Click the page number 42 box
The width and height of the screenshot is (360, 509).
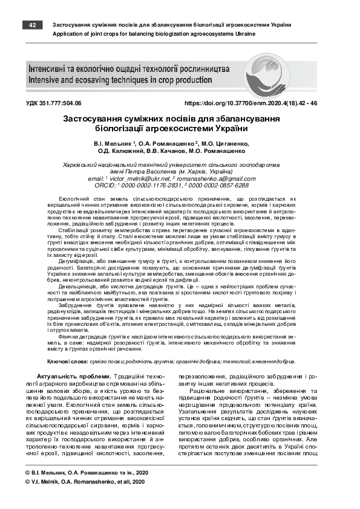click(x=32, y=25)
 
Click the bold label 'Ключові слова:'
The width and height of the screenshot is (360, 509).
click(x=68, y=361)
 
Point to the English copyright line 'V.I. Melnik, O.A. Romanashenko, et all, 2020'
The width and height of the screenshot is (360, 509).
click(x=85, y=482)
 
